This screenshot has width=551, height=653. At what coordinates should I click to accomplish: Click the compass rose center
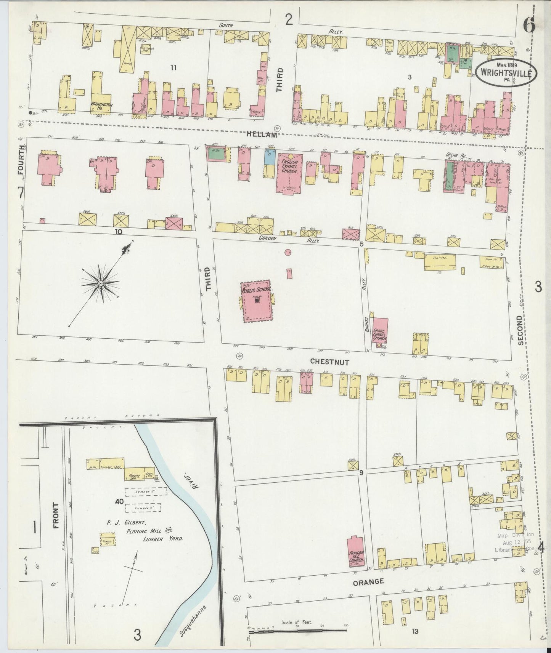click(x=100, y=283)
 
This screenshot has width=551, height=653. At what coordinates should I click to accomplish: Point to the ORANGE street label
click(x=368, y=582)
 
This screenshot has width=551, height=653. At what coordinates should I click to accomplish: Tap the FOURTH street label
click(x=21, y=161)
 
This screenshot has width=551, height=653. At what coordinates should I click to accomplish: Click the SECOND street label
click(x=521, y=330)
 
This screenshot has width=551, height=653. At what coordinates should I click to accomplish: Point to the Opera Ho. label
click(x=453, y=155)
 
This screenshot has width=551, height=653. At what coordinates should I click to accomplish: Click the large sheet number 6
click(x=529, y=26)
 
